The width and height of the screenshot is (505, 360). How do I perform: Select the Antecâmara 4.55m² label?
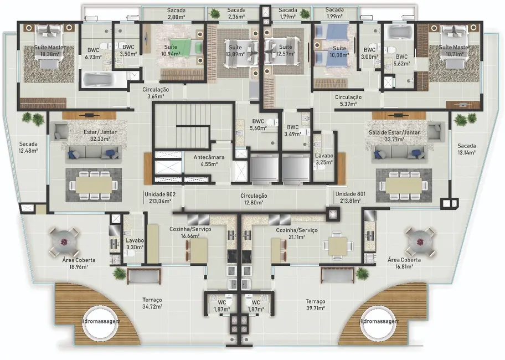tap(205, 161)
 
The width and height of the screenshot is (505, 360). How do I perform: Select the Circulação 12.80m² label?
tap(254, 199)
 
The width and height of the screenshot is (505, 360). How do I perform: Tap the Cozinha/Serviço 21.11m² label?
tap(296, 233)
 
